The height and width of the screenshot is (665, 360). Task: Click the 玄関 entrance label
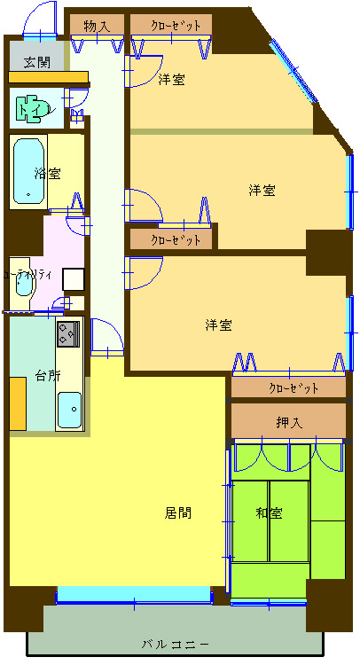tap(37, 62)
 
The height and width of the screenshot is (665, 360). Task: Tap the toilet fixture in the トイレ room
tap(32, 108)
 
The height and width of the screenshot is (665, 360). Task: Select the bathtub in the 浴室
tap(29, 172)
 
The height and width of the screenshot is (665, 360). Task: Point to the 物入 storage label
tap(97, 26)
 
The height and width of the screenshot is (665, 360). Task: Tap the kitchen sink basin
tap(68, 409)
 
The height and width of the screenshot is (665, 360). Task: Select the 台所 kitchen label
tap(48, 374)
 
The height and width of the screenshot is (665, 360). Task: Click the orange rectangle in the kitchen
tap(18, 403)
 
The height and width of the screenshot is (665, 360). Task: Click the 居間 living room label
tap(177, 512)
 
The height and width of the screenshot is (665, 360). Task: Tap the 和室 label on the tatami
tap(269, 512)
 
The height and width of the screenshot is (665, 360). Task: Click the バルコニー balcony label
tap(175, 643)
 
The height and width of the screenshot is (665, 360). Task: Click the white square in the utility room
tap(73, 278)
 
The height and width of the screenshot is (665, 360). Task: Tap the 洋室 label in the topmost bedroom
tap(172, 80)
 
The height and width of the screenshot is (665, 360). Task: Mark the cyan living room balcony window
tap(133, 595)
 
